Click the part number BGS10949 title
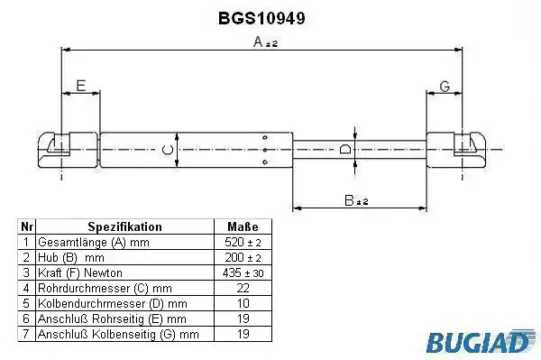coord(261,18)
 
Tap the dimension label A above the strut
coord(259,42)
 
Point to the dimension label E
coord(81,86)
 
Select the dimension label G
coord(445,86)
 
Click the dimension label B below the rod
coord(349,200)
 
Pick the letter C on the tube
coord(168,150)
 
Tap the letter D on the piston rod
coord(345,149)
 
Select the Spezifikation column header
coord(124,226)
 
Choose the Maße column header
coord(243,226)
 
